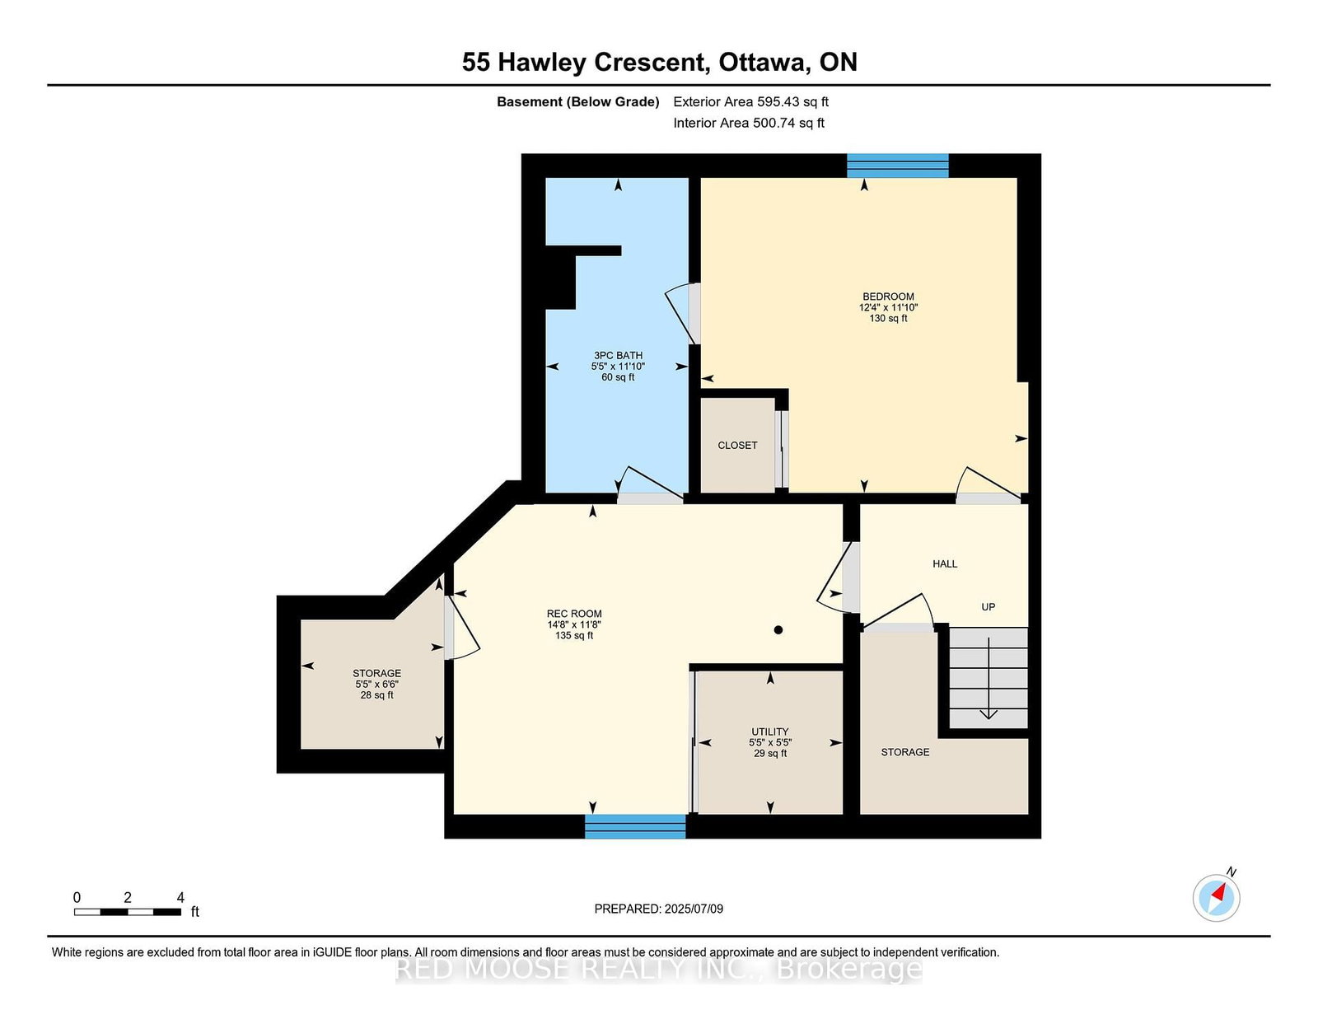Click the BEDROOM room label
(x=888, y=297)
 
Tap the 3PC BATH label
(x=618, y=355)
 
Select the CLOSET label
(x=737, y=445)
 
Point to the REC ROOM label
(x=574, y=613)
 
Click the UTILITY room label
(x=770, y=732)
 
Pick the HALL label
(x=945, y=563)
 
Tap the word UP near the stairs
(x=988, y=606)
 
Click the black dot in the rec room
(x=778, y=630)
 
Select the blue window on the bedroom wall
(x=898, y=166)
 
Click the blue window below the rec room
(x=635, y=827)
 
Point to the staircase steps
(x=988, y=678)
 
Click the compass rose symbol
(x=1216, y=898)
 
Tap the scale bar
(x=128, y=912)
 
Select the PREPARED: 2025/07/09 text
(x=659, y=909)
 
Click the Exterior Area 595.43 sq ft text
(x=751, y=102)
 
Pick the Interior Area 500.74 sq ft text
(x=749, y=123)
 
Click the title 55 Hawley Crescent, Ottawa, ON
(x=659, y=63)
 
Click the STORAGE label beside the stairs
(x=905, y=752)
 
